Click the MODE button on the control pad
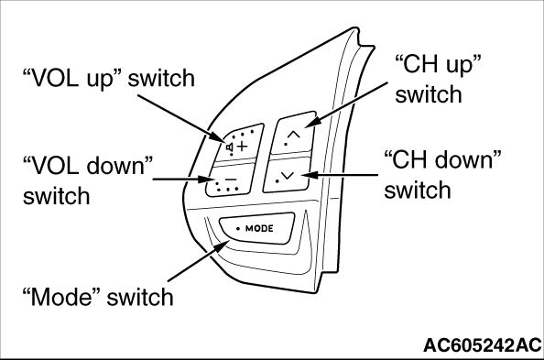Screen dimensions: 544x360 click(x=257, y=228)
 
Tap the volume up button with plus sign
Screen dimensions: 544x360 click(x=239, y=143)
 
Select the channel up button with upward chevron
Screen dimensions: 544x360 click(x=294, y=133)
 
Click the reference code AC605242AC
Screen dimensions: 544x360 click(x=483, y=345)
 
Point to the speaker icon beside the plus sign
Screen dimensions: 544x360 click(x=230, y=147)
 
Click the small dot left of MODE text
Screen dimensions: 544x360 click(x=238, y=229)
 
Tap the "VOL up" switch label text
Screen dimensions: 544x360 click(x=109, y=79)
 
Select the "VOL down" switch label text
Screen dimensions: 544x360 click(x=88, y=180)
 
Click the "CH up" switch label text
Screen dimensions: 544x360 click(x=438, y=79)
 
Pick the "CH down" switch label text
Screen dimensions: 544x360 click(x=443, y=175)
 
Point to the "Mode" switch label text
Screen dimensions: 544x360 click(x=98, y=297)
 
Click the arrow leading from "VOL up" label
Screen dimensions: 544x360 click(x=183, y=118)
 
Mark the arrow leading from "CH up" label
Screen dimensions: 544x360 click(x=346, y=104)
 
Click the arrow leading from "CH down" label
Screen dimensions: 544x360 click(x=339, y=175)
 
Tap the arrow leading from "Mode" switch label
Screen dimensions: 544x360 click(x=199, y=260)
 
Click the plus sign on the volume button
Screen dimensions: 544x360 click(x=242, y=147)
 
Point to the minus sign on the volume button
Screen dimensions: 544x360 click(x=231, y=180)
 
